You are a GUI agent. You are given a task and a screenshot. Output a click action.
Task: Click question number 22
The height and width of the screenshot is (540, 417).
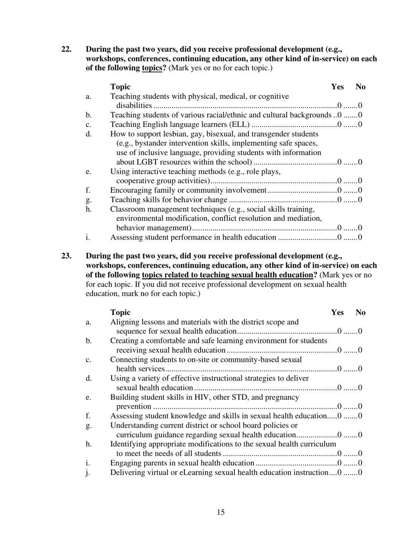(x=66, y=49)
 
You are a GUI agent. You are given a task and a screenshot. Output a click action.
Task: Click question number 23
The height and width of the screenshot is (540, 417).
(x=66, y=256)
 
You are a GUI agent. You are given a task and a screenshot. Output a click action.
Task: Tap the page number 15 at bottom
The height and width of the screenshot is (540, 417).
(x=221, y=512)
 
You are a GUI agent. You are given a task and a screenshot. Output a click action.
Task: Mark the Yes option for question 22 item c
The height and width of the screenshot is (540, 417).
(x=339, y=125)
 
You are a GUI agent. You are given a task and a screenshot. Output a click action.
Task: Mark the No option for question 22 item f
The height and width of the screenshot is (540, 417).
(x=360, y=191)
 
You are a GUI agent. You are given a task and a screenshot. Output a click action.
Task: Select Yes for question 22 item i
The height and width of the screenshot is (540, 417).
(x=339, y=238)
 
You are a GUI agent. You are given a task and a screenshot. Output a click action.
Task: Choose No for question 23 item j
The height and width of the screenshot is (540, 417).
(x=360, y=473)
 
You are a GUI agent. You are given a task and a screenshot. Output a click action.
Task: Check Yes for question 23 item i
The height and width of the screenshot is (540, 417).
(x=339, y=464)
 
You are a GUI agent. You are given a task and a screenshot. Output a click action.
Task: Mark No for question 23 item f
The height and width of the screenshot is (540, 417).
(x=360, y=416)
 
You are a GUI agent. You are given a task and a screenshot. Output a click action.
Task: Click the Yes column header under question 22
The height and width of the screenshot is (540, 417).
(x=337, y=87)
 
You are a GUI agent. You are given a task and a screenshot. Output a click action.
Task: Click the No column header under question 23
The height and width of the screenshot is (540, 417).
(x=360, y=313)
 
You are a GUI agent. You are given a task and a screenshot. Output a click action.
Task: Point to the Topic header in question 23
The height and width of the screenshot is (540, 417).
(x=120, y=313)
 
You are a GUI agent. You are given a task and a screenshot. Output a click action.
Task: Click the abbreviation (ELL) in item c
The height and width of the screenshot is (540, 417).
(x=237, y=125)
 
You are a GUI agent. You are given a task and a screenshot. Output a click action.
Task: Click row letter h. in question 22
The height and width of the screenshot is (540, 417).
(x=89, y=209)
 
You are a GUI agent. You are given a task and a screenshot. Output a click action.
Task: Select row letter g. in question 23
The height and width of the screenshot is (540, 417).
(x=89, y=426)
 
